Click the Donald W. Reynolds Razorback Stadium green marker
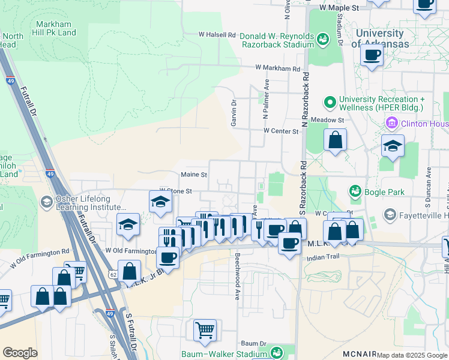323,40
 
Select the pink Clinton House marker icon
391,124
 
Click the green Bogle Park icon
355,191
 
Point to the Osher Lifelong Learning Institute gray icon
46,202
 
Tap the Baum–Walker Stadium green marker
276,353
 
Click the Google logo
20,353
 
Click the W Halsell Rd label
217,35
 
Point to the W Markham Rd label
277,69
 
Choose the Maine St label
194,175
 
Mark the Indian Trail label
323,257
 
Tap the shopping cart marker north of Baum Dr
205,329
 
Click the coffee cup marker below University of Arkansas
372,56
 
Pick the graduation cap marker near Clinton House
393,146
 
